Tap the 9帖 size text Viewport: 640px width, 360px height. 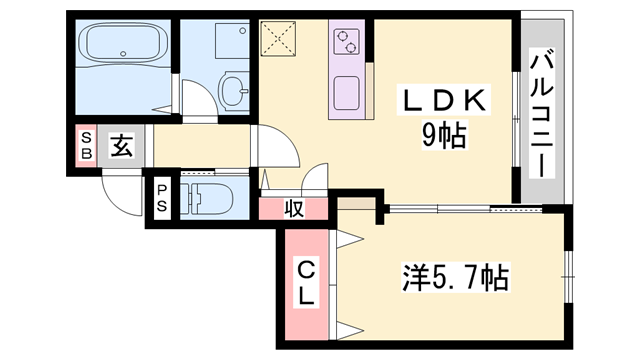pyautogui.click(x=443, y=134)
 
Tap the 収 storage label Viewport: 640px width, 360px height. pyautogui.click(x=292, y=208)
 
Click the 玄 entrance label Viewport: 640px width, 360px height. pyautogui.click(x=120, y=147)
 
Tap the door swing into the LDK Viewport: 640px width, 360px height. pyautogui.click(x=277, y=148)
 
